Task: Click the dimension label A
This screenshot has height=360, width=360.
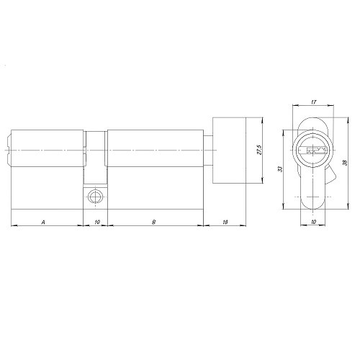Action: point(44,222)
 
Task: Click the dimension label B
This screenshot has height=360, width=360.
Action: point(153,222)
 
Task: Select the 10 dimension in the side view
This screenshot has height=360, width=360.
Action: point(96,222)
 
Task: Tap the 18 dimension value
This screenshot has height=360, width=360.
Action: point(225,222)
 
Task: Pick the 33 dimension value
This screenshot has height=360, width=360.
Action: point(282,168)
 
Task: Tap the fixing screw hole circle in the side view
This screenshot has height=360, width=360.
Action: point(94,197)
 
